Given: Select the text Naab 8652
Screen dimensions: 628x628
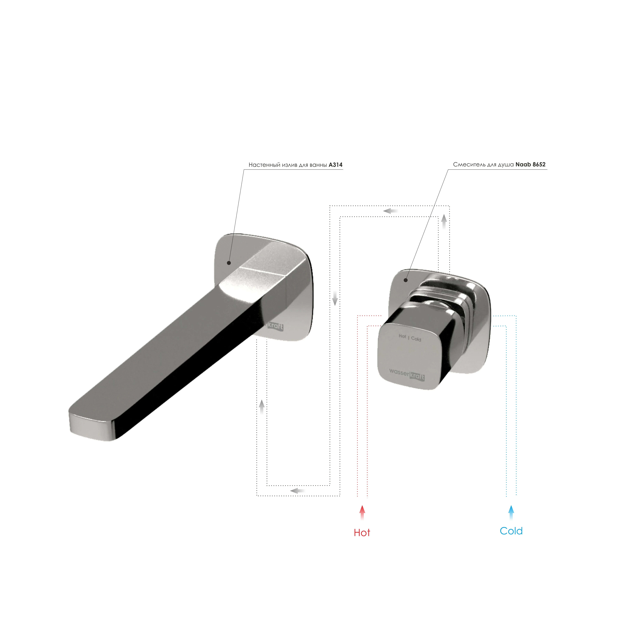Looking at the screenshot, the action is point(530,164).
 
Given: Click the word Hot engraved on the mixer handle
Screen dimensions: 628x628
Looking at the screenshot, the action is point(402,336).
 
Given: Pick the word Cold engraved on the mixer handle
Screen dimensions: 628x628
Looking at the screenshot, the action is point(416,339).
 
